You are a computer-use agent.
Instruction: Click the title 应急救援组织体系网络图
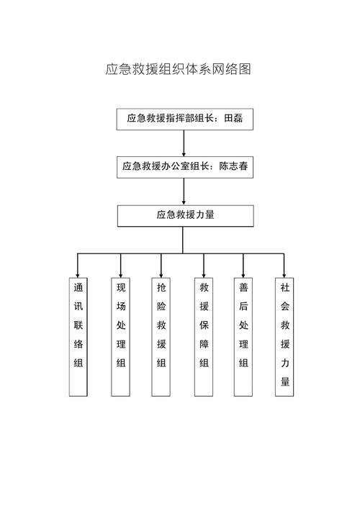[x=179, y=69]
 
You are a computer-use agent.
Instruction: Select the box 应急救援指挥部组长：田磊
[x=185, y=119]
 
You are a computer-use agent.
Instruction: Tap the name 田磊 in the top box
[x=233, y=118]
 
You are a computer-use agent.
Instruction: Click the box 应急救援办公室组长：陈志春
[x=185, y=167]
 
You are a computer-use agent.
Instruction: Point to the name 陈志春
[x=234, y=166]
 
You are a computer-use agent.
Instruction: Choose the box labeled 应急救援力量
[x=185, y=215]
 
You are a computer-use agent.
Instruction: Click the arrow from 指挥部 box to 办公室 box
[x=184, y=143]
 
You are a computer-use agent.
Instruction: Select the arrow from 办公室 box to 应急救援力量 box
[x=184, y=192]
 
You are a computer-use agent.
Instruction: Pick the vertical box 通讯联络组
[x=78, y=337]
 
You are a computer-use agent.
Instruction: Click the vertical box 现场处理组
[x=121, y=337]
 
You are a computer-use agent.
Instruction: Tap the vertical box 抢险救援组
[x=161, y=337]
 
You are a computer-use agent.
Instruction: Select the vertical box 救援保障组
[x=204, y=337]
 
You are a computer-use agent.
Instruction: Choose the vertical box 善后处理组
[x=243, y=337]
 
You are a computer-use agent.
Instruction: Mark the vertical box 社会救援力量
[x=284, y=337]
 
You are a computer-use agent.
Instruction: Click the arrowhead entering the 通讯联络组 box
[x=78, y=275]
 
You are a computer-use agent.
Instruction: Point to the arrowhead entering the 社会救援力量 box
[x=284, y=275]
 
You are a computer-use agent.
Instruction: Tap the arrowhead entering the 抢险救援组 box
[x=161, y=275]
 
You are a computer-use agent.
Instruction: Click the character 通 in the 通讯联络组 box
[x=78, y=287]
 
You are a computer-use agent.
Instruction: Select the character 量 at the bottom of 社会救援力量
[x=285, y=382]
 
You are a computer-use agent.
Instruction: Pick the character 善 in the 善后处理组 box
[x=243, y=287]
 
